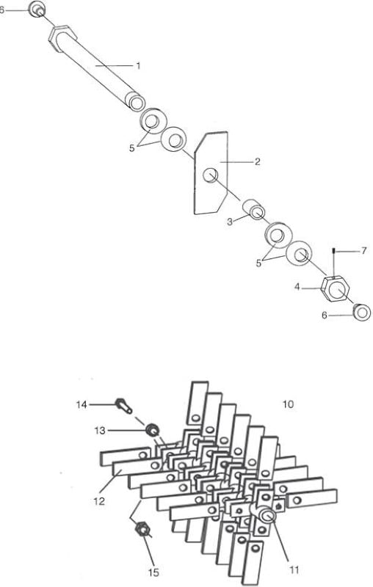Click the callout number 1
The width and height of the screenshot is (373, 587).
[138, 66]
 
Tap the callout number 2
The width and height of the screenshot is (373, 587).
[257, 161]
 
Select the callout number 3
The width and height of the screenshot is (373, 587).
[230, 222]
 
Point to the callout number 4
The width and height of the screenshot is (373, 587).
[297, 288]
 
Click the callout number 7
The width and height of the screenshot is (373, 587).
[364, 250]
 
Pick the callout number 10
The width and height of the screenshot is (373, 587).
[288, 404]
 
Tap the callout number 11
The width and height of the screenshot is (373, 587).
[294, 570]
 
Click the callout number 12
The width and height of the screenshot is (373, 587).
[99, 501]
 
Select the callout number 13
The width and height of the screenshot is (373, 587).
[100, 431]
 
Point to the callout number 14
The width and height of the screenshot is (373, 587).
[82, 405]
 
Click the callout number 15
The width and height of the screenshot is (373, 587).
[153, 572]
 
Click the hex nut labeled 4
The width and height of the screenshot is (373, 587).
[336, 288]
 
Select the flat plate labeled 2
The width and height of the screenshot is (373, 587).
[211, 173]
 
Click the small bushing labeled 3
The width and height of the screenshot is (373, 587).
[253, 210]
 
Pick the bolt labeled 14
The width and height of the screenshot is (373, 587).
[123, 406]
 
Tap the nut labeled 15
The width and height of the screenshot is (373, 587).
[142, 530]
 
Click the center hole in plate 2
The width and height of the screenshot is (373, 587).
[211, 175]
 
